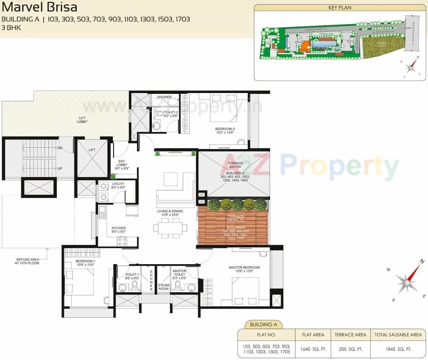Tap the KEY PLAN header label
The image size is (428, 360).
(x=340, y=8)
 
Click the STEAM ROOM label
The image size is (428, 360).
(x=163, y=287)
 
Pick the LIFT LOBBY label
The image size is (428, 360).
(x=82, y=120)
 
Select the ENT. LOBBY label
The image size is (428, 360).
(x=121, y=163)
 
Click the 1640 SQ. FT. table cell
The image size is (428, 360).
(x=313, y=349)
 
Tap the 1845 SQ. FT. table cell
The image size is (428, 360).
(x=398, y=349)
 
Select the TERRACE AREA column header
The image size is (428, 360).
(x=350, y=334)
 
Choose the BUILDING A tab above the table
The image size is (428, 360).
(x=264, y=324)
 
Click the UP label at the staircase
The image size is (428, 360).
(x=60, y=168)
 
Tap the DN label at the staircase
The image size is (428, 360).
(x=60, y=148)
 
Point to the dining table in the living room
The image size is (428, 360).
(x=170, y=227)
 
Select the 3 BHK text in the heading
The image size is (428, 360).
(x=11, y=27)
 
